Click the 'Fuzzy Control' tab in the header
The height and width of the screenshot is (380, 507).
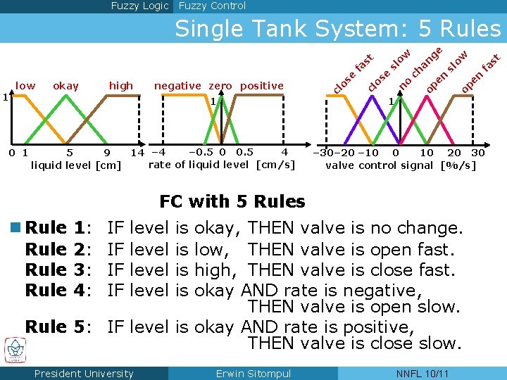pos(212,6)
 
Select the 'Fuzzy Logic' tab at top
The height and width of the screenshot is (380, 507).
pos(140,6)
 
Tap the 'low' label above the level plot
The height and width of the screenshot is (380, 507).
pos(25,86)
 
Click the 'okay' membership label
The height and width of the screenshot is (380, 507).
pos(66,86)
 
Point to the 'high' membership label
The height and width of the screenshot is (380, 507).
pos(121,86)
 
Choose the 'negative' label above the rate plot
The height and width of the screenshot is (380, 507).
pos(178,86)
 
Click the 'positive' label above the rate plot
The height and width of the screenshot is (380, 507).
pos(261,86)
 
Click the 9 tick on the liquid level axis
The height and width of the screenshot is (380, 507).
pos(106,153)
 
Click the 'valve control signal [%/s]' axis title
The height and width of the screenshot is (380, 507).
pos(401,166)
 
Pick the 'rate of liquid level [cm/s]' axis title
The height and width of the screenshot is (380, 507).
pos(222,165)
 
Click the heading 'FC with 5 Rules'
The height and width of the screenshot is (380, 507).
pos(232,202)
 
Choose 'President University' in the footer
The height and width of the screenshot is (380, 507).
pos(84,374)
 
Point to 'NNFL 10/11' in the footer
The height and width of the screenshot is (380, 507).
pos(422,374)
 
